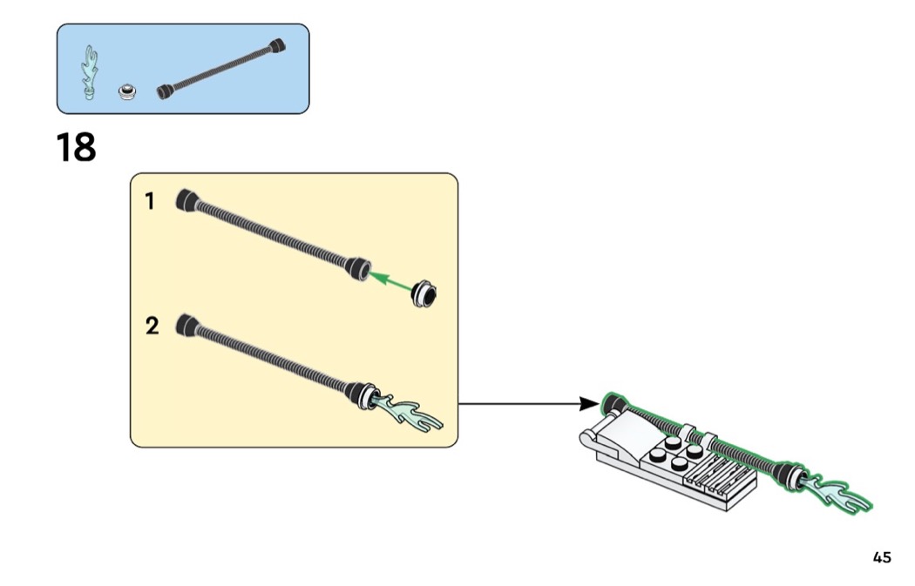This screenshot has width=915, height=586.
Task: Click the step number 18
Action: pos(77,148)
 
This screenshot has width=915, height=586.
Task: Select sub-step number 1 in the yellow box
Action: pos(150,202)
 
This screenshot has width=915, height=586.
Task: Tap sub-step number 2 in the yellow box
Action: pos(152,327)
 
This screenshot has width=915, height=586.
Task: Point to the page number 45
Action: pos(882,557)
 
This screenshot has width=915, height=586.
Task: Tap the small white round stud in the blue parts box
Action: pos(129,91)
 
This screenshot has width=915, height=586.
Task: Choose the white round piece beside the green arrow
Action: pos(425,294)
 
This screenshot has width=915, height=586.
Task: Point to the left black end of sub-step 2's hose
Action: pos(186,325)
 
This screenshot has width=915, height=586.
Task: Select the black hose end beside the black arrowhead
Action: pos(613,403)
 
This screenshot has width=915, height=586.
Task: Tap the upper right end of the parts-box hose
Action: pos(277,45)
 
